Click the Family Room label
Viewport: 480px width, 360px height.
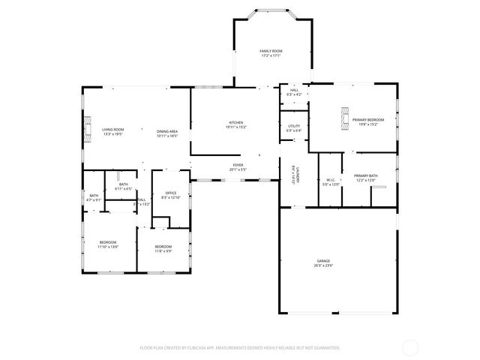pos(270,52)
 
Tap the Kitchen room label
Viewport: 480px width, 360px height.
pos(236,125)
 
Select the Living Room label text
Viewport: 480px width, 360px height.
pos(112,133)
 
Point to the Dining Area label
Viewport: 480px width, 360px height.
pos(167,133)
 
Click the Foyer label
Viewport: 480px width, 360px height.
pos(238,167)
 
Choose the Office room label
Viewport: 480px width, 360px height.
pos(171,195)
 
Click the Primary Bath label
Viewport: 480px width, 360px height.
pos(366,178)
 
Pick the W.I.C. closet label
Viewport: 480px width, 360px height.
pos(330,181)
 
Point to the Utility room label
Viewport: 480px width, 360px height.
pos(294,128)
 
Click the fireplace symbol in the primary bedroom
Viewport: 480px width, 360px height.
pos(345,119)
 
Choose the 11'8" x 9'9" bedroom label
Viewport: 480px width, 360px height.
pos(163,249)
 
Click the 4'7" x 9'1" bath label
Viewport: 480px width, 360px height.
pos(94,197)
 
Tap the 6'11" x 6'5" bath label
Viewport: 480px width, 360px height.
pos(123,187)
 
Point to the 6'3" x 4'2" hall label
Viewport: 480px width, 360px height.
pos(294,92)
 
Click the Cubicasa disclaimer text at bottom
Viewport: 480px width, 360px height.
pos(240,348)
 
